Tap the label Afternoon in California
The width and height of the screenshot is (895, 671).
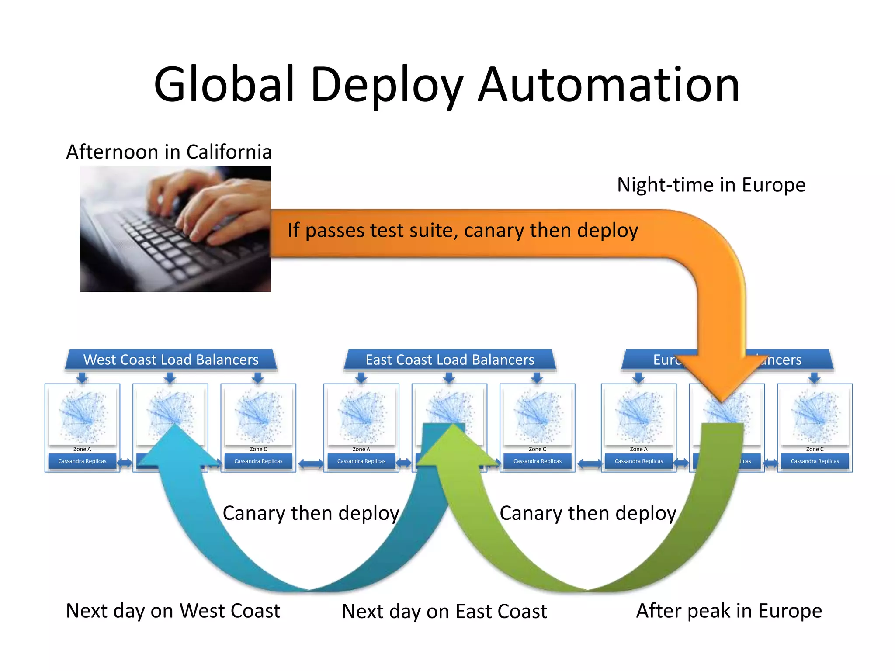[169, 152]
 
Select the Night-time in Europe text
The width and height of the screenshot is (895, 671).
[711, 185]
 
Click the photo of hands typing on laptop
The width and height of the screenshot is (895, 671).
[175, 229]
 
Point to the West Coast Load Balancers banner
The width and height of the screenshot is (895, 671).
[171, 360]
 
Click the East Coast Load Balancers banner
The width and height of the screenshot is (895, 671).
[450, 360]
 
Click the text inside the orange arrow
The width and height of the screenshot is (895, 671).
[462, 231]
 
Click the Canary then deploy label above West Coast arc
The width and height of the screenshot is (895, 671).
[311, 513]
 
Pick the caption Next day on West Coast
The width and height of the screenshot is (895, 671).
[173, 611]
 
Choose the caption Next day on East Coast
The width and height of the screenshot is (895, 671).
[444, 612]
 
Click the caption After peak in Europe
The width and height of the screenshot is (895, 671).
[728, 611]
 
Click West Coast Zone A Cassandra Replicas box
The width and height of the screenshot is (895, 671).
[82, 461]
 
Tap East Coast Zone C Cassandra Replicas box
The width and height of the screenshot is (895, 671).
[537, 461]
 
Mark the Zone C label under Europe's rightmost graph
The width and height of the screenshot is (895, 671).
[815, 449]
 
